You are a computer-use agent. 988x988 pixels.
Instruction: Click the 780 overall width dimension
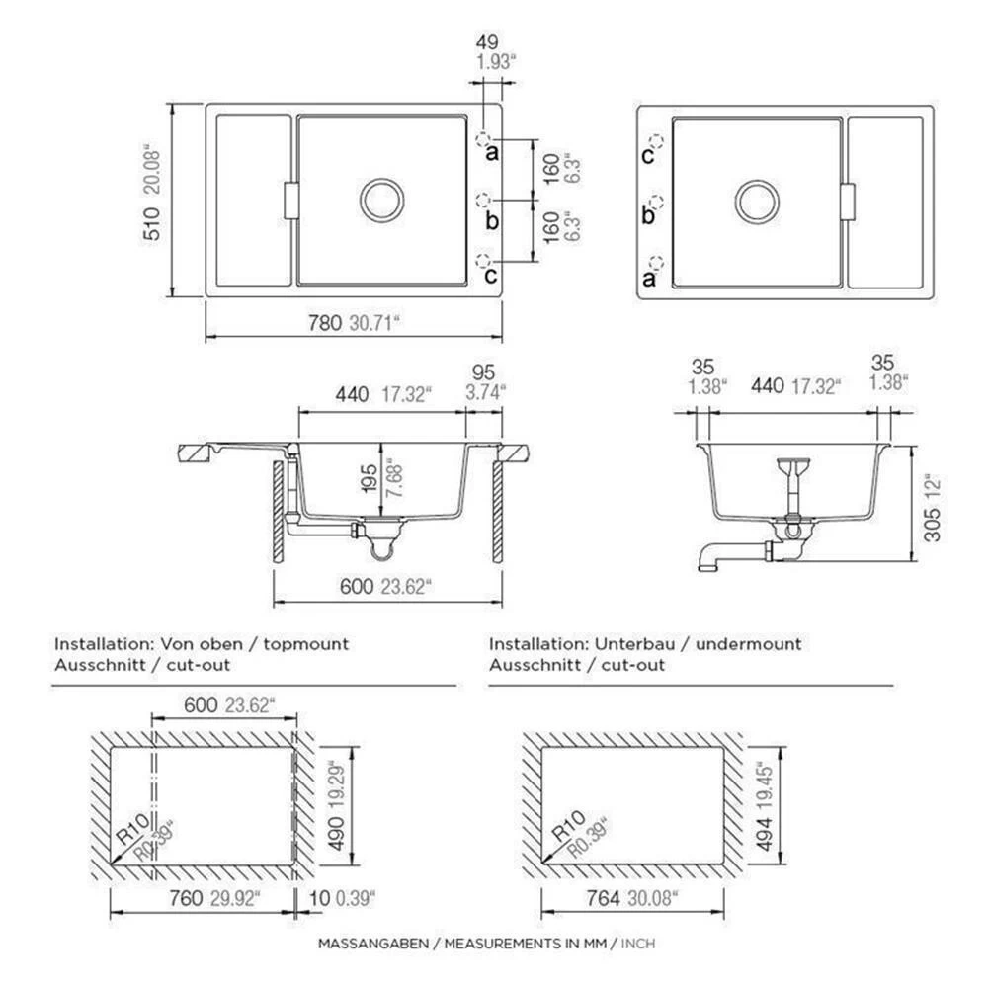(x=324, y=323)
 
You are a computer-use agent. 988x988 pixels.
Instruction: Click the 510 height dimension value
(x=152, y=223)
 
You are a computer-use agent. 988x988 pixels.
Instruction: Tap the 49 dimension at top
(x=486, y=42)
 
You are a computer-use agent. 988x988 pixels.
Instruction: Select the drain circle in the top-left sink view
(x=381, y=201)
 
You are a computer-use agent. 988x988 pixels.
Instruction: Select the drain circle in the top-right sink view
(x=757, y=203)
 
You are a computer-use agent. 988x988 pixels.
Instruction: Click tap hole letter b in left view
(x=492, y=220)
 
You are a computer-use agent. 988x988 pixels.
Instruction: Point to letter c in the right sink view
(x=647, y=154)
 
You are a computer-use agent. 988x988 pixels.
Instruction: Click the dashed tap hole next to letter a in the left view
(x=483, y=139)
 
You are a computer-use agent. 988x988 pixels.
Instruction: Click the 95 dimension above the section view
(x=483, y=372)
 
